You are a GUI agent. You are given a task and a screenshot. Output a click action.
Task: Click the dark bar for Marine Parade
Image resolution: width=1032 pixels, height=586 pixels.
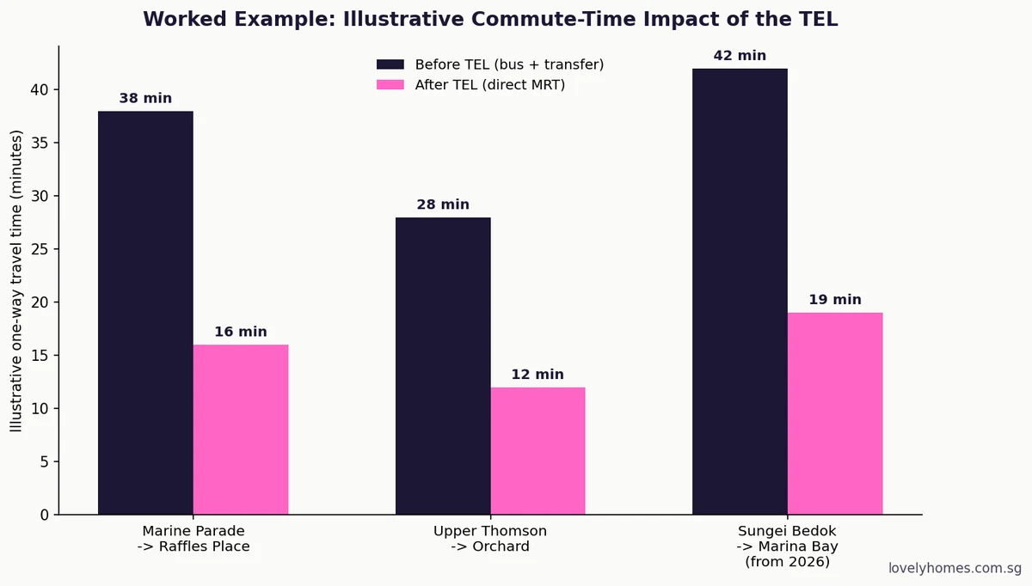145,313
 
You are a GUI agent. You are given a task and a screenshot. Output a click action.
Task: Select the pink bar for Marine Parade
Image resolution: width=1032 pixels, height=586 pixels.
241,430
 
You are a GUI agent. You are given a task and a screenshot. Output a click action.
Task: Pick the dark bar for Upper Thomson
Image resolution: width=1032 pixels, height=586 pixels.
443,366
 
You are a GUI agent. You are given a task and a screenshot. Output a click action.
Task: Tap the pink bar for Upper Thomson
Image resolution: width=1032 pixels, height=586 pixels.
538,451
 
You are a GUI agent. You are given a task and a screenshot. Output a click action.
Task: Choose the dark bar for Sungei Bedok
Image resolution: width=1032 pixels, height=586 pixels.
740,291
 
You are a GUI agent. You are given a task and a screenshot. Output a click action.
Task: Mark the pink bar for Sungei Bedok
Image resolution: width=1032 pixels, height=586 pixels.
835,413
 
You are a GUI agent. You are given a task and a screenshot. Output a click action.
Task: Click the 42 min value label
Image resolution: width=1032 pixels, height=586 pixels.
740,55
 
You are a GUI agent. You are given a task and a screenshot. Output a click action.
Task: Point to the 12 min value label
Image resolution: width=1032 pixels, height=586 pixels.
537,375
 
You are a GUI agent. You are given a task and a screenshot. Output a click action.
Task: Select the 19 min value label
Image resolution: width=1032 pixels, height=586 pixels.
835,300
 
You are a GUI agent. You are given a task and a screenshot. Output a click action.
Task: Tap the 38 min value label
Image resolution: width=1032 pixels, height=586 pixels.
145,98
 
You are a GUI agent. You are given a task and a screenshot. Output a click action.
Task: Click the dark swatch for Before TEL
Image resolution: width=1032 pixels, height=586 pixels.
390,64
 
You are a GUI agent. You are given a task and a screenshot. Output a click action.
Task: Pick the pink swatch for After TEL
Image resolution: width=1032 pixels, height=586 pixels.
390,85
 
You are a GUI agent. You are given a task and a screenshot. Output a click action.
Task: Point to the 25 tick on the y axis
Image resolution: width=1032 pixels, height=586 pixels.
40,249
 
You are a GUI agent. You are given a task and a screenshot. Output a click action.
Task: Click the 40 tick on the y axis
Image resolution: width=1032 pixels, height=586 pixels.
40,89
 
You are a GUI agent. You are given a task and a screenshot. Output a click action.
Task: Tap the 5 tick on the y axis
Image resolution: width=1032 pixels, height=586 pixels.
44,461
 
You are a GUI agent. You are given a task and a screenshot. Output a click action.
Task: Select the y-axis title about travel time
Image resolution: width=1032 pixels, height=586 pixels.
16,281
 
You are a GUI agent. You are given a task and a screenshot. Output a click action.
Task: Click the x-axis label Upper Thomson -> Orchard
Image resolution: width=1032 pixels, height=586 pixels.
490,539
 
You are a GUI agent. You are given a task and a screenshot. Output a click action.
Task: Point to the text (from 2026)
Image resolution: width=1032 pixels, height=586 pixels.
788,562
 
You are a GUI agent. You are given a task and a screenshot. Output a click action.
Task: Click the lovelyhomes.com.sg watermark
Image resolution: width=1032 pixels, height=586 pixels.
955,568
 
